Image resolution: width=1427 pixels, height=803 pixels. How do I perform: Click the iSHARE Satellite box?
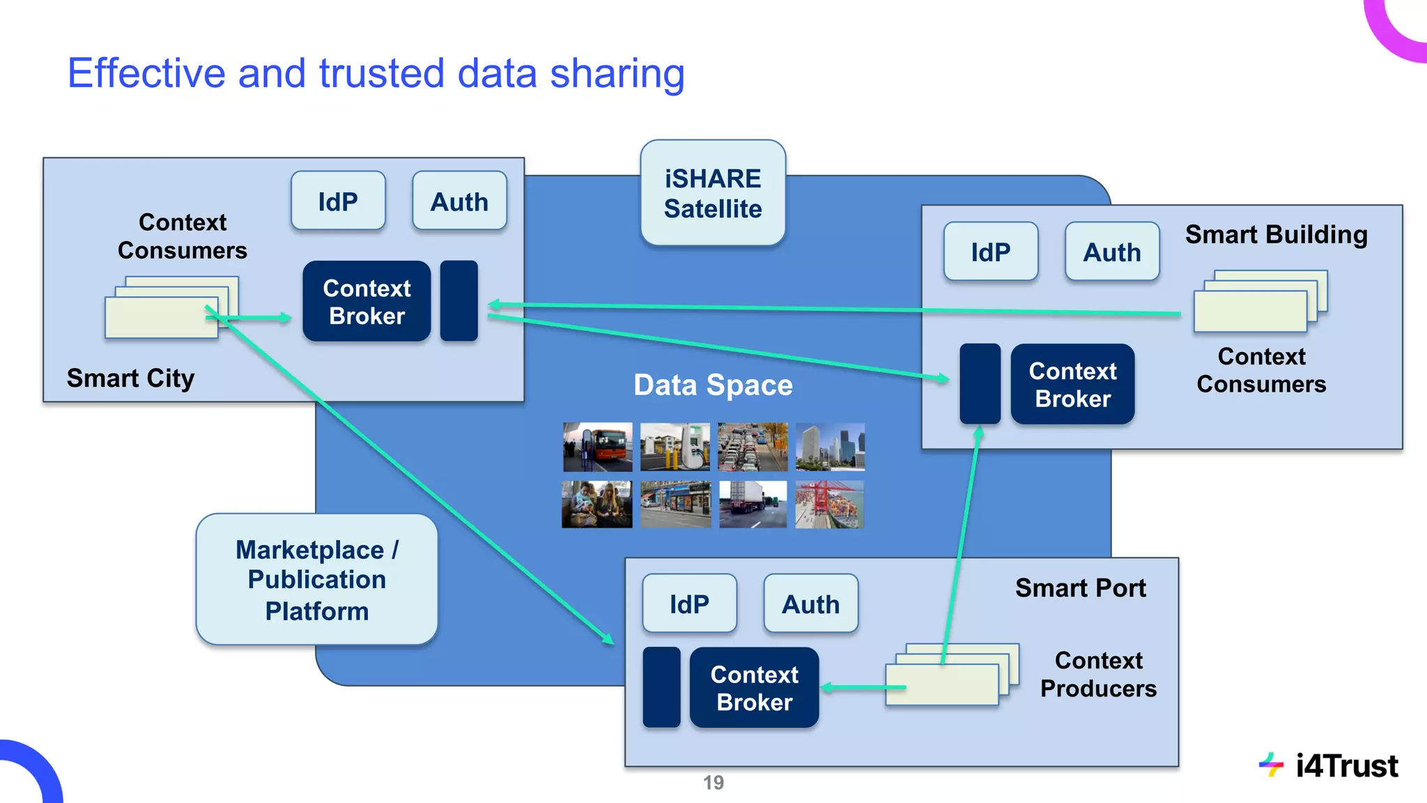pos(713,193)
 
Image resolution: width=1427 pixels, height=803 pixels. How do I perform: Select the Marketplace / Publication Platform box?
pos(317,580)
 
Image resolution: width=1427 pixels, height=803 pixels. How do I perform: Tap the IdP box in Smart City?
pos(338,201)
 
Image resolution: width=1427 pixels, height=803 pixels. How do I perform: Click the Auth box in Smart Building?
pos(1112,252)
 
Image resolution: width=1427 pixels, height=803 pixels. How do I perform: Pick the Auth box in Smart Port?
pos(810,604)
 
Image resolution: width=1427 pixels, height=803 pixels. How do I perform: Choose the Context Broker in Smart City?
pos(367,302)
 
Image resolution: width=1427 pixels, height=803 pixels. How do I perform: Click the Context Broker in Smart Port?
pos(754,688)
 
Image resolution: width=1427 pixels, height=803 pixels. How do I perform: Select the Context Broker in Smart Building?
pos(1072,385)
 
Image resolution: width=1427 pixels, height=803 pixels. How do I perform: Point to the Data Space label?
pos(713,385)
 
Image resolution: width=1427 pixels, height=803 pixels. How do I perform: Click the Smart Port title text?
pos(1080,588)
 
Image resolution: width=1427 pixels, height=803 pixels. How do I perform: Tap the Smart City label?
pos(130,378)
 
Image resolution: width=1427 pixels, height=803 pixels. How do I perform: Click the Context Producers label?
pos(1098,674)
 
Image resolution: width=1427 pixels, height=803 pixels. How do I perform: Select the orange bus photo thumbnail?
pos(598,447)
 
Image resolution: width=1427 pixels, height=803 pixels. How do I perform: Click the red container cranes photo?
pos(829,504)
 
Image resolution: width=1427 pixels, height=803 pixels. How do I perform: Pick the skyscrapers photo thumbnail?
pos(829,447)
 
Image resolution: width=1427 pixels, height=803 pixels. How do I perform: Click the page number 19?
pos(713,783)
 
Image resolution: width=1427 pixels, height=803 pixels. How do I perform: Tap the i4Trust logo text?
pos(1346,765)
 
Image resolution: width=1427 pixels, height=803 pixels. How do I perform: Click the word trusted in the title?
pos(381,73)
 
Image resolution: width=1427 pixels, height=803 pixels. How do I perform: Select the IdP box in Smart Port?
pos(689,604)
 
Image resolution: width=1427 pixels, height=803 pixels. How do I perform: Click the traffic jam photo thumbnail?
pos(753,447)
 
